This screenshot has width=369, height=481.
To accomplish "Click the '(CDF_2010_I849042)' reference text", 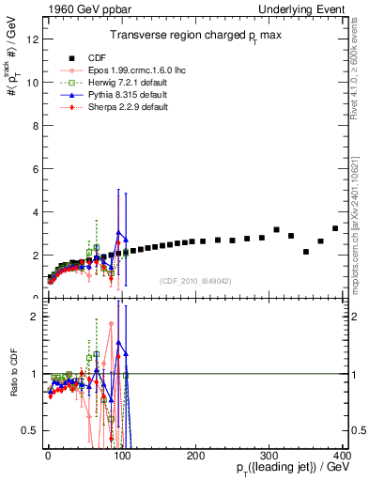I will (x=196, y=281).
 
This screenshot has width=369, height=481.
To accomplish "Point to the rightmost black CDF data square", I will (x=335, y=228).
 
